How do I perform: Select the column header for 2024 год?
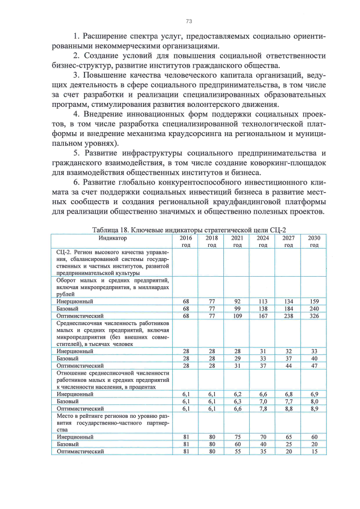pos(263,241)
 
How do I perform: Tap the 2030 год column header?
pos(314,241)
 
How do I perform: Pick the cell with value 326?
pos(314,316)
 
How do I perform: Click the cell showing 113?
pos(263,301)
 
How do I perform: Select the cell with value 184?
pos(289,308)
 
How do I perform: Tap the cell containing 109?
pos(237,316)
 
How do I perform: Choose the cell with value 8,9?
pos(314,409)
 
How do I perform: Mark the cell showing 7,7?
pos(289,402)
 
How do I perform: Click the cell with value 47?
pos(314,365)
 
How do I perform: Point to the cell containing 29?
pos(237,358)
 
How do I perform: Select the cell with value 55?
pos(237,451)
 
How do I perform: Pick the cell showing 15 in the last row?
pos(314,451)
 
